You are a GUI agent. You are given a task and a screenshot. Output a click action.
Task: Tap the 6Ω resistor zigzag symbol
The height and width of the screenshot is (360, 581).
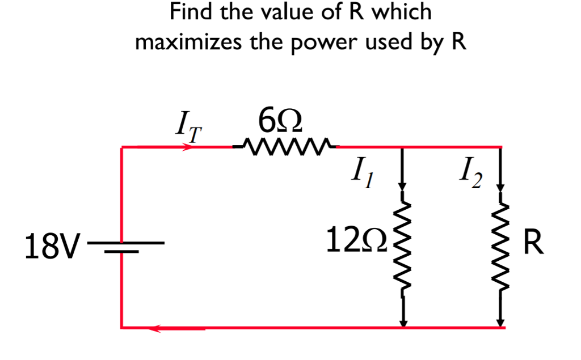285,146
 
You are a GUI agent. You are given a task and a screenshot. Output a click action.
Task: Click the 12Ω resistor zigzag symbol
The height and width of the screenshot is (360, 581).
403,247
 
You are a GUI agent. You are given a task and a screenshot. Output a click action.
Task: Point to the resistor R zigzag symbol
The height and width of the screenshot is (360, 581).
500,247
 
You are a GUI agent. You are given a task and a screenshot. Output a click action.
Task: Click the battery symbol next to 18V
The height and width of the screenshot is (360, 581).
122,245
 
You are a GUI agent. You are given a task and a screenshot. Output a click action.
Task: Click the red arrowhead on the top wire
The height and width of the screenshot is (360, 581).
187,147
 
